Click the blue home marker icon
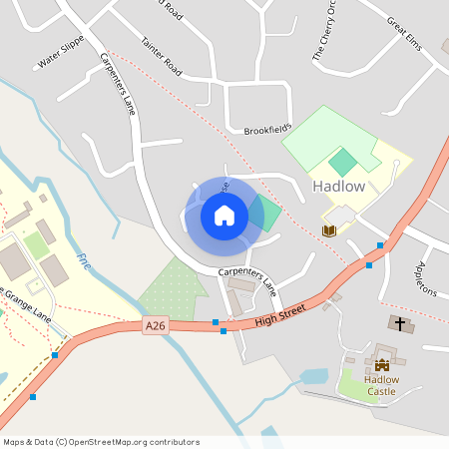click(224, 215)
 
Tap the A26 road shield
click(154, 326)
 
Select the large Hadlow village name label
click(338, 187)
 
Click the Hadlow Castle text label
click(380, 385)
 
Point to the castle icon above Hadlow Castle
click(381, 365)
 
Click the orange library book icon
click(328, 230)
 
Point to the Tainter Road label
click(161, 58)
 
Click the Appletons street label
click(425, 278)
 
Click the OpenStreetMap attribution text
click(100, 441)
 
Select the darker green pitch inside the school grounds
click(342, 163)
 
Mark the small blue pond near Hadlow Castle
click(313, 377)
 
